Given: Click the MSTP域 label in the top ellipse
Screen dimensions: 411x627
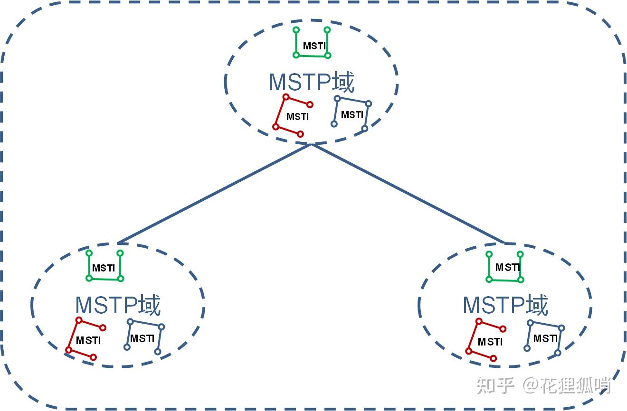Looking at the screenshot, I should (x=312, y=83).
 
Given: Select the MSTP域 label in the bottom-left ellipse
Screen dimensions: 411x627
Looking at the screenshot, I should (x=118, y=305).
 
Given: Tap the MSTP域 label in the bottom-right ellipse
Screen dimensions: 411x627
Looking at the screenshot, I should (x=505, y=305).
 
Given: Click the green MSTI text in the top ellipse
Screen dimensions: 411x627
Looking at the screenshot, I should (x=314, y=46).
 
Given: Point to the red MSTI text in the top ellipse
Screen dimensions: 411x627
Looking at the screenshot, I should (x=297, y=117).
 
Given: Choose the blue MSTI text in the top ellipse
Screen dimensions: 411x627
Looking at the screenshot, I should (x=352, y=115).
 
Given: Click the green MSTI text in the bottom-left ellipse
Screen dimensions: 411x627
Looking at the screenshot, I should (x=104, y=268).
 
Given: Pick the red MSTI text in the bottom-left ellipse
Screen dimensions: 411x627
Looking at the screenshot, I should (x=88, y=341).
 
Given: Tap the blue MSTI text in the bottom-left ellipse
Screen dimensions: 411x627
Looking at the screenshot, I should (x=142, y=339).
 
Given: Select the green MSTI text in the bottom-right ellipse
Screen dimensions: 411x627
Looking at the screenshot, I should (x=507, y=268).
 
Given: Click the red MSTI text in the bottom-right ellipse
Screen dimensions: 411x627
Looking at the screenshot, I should (x=490, y=342).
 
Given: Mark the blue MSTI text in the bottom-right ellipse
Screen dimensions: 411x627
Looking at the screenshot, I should (x=545, y=339).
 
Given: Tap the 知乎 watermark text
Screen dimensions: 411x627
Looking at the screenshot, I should (x=495, y=385).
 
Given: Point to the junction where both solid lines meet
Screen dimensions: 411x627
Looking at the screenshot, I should (x=312, y=144).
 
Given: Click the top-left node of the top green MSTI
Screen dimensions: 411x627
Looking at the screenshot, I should (x=296, y=30).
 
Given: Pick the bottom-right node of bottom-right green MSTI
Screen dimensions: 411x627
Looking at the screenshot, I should (x=521, y=280).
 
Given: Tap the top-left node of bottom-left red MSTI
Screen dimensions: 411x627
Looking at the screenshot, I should (x=79, y=320).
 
